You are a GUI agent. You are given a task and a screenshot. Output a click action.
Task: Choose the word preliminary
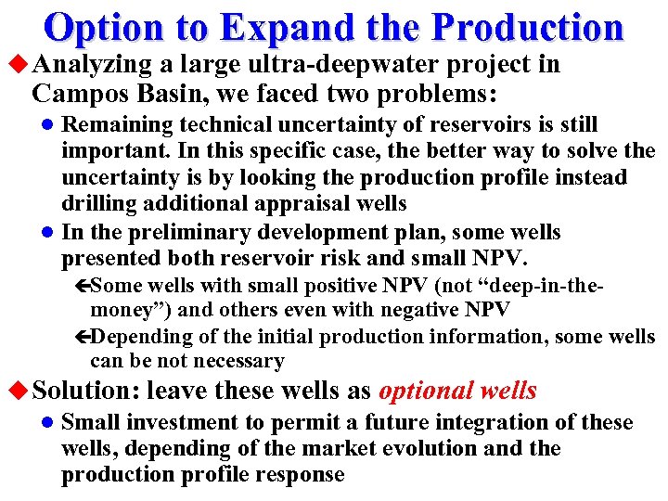pos(185,233)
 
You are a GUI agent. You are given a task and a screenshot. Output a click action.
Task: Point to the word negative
pos(429,309)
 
